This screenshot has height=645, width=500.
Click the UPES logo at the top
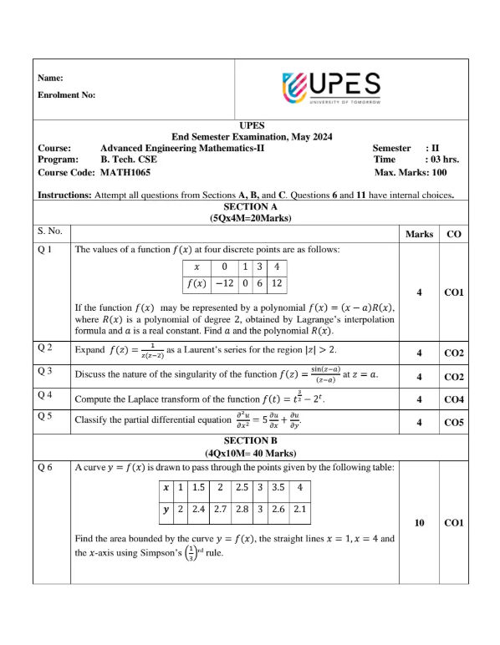pos(332,87)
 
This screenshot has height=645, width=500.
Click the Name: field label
pos(51,78)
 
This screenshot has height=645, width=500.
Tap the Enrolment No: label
pos(67,95)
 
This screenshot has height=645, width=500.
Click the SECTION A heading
pos(250,206)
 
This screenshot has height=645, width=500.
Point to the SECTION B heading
pos(250,439)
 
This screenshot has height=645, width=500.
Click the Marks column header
pos(418,234)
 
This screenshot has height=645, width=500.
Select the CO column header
pos(454,234)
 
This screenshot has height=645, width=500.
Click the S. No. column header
pos(51,229)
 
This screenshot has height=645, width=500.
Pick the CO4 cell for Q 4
pos(454,399)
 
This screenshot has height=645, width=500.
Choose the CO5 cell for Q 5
pos(454,423)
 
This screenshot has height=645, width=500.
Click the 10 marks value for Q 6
pos(419,523)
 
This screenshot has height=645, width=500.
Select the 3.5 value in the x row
pos(279,487)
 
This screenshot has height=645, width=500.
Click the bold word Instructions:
pos(65,196)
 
